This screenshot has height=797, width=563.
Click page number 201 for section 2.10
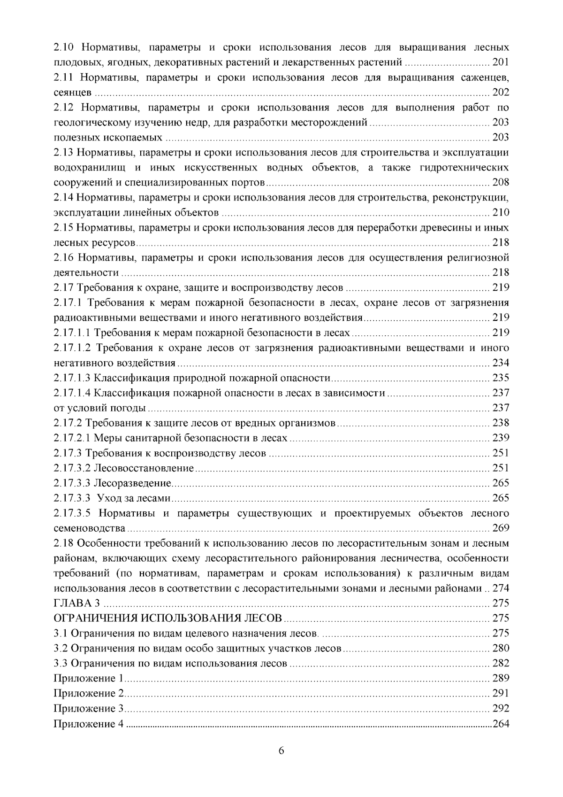(501, 62)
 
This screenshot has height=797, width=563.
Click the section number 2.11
(64, 77)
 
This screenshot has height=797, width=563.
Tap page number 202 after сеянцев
(501, 92)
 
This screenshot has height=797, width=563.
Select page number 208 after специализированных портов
(501, 182)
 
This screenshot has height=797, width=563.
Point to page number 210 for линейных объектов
(501, 212)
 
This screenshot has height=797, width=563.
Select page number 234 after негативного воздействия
(501, 363)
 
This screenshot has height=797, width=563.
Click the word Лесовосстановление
(144, 468)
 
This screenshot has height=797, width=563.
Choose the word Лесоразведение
(132, 483)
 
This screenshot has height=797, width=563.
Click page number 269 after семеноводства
(501, 528)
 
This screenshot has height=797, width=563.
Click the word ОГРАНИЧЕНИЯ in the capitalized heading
(97, 618)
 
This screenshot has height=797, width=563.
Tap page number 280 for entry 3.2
(501, 648)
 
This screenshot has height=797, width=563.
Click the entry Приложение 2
(88, 693)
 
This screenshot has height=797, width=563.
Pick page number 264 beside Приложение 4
(501, 724)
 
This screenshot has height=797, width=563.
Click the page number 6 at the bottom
(281, 750)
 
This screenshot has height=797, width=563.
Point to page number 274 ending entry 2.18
(501, 588)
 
